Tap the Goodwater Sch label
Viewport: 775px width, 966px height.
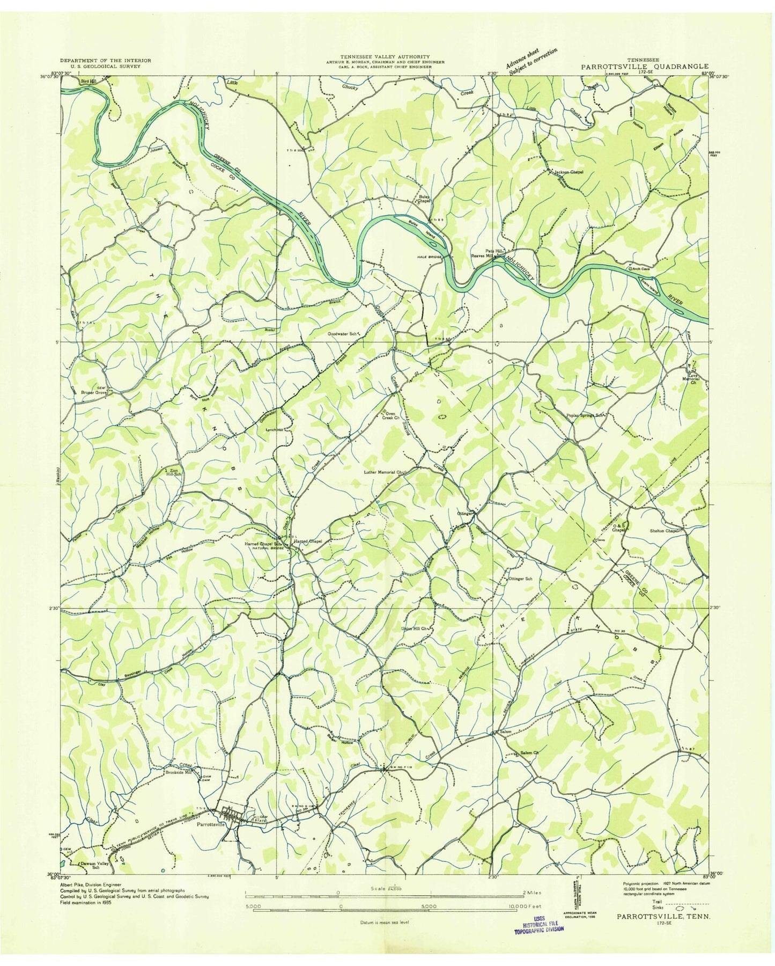point(343,333)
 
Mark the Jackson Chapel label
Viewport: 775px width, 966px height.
point(569,172)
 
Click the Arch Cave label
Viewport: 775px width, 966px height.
point(644,262)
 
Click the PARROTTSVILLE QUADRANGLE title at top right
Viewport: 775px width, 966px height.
point(643,67)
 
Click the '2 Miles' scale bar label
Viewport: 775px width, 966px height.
point(530,892)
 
